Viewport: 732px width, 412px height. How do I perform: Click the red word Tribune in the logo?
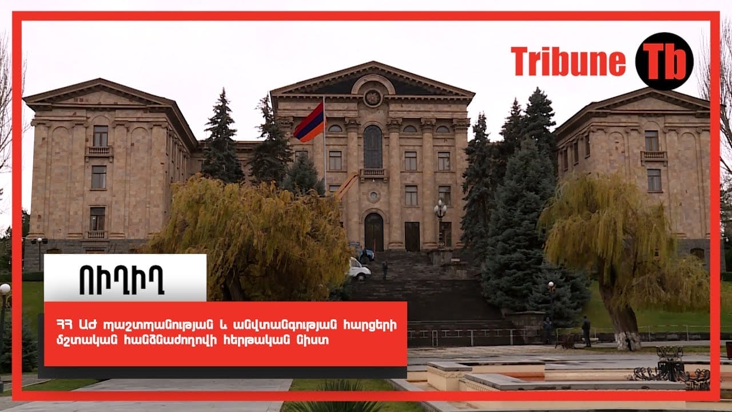point(568,61)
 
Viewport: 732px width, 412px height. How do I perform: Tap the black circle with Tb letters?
point(665,61)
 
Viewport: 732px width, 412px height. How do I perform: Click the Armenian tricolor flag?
point(310,122)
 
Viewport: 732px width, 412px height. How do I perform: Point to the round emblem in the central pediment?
point(373,97)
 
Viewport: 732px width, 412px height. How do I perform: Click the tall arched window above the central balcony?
point(373,147)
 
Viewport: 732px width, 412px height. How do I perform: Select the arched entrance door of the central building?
point(374,232)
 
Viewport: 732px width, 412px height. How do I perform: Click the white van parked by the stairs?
point(359,270)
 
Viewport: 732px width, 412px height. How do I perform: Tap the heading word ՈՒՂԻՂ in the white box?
point(122,280)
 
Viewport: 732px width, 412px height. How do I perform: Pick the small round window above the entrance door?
point(373,196)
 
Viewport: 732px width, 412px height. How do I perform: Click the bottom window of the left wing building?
point(97,219)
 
